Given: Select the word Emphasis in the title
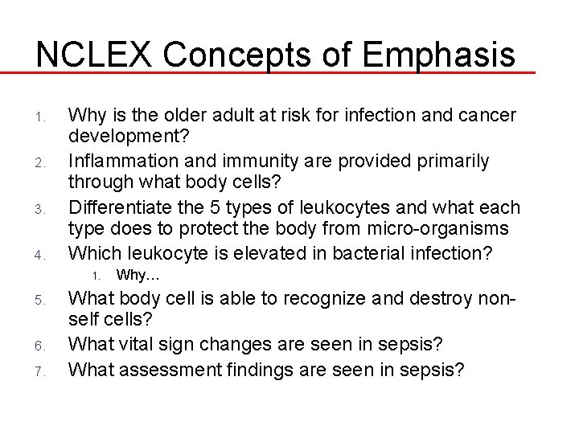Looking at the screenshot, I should tap(438, 54).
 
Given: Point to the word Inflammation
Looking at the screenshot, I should tap(120, 162).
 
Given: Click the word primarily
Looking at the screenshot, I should tap(450, 162).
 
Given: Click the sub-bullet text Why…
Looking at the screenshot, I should tap(138, 275).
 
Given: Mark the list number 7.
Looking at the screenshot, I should tap(39, 373).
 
